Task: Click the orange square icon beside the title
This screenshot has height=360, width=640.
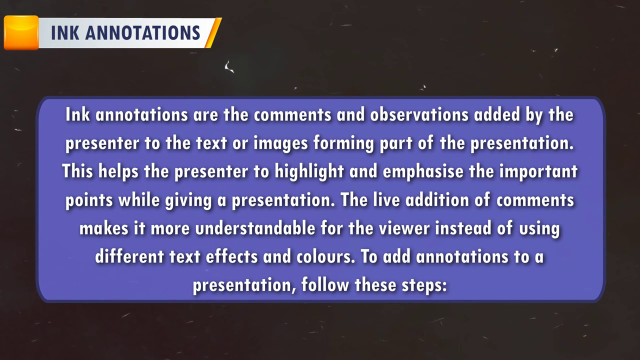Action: click(x=21, y=33)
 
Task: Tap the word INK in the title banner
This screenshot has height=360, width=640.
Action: click(x=65, y=33)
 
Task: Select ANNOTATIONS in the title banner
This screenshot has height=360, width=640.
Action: click(x=143, y=33)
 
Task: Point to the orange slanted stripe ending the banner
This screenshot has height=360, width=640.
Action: click(x=213, y=33)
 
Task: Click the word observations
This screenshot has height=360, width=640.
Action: click(x=419, y=115)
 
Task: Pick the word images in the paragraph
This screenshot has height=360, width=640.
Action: click(x=280, y=143)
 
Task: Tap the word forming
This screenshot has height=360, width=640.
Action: click(x=343, y=143)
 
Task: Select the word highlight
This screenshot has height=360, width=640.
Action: click(x=309, y=171)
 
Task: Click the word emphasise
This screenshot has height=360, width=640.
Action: click(x=423, y=171)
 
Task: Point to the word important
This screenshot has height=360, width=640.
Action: click(x=538, y=171)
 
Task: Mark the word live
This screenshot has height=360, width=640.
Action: click(x=386, y=199)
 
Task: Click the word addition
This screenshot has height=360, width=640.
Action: click(x=437, y=199)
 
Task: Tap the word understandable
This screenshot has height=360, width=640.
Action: click(x=255, y=228)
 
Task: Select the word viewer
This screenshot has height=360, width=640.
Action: click(x=403, y=228)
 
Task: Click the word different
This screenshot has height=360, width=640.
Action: click(x=129, y=256)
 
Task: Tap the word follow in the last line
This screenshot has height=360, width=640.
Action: click(x=325, y=285)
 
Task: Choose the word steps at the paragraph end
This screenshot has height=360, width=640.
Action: click(x=424, y=285)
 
